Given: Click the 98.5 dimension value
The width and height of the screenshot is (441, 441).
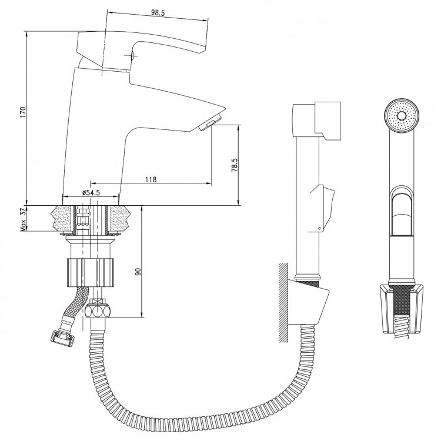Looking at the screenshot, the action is [x=158, y=13].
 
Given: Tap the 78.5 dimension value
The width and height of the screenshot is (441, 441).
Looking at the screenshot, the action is [x=235, y=165].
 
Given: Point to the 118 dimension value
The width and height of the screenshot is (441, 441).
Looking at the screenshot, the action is [x=151, y=179].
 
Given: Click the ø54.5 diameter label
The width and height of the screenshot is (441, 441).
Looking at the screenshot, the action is [x=91, y=193].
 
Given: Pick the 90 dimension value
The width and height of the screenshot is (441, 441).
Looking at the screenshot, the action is [x=138, y=272].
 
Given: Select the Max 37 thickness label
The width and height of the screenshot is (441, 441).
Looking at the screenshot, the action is [x=24, y=219].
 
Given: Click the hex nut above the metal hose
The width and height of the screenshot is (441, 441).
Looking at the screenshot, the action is [x=98, y=312].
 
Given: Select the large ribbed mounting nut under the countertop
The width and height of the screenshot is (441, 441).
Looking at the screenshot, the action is [x=91, y=272].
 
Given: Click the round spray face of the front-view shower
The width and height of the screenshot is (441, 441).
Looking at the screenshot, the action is [x=402, y=115].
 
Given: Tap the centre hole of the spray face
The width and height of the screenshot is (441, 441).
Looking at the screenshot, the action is [x=402, y=115].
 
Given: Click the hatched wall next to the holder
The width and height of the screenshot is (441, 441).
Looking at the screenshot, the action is [x=283, y=302].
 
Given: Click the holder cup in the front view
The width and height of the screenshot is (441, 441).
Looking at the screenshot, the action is [x=402, y=309].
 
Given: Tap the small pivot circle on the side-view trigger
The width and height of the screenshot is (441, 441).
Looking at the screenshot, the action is [x=319, y=228].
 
